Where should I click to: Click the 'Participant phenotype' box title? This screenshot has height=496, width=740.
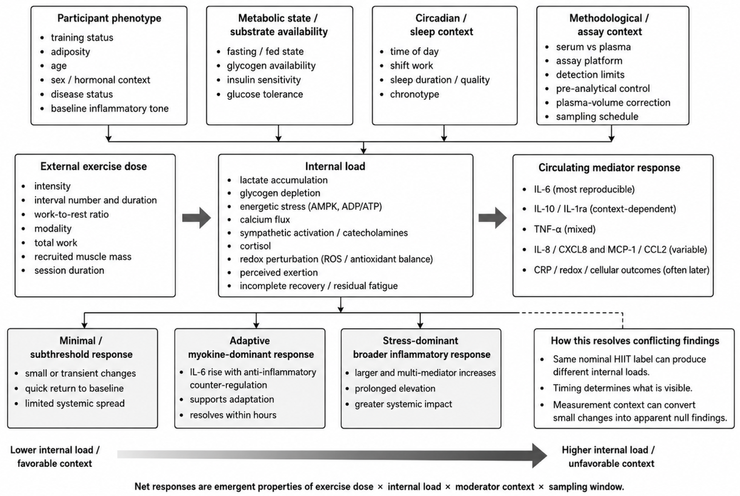(109, 18)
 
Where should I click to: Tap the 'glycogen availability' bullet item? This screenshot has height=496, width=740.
(271, 66)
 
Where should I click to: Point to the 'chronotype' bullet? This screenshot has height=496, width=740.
(414, 94)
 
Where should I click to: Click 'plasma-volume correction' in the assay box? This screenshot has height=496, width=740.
(613, 102)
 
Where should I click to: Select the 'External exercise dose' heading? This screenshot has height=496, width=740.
(94, 166)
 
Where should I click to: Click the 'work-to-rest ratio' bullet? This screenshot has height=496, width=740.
(72, 214)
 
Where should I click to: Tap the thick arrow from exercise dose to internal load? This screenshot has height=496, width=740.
(196, 218)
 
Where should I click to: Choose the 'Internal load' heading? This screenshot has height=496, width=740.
(335, 166)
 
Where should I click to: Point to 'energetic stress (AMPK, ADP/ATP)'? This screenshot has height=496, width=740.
(311, 206)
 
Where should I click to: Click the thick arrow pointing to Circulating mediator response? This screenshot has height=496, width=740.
(492, 218)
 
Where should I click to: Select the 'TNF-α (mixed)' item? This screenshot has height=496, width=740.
(564, 229)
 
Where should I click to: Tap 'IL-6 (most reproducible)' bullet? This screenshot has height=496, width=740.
(584, 189)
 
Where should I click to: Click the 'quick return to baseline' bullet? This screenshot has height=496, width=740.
(74, 389)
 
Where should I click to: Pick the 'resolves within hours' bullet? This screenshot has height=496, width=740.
(233, 415)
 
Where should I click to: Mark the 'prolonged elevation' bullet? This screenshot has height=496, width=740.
(395, 389)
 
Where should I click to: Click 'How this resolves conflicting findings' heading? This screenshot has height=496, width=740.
(635, 341)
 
